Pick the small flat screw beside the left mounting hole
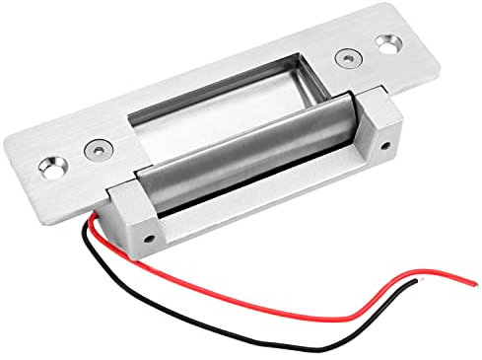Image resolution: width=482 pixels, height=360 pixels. [x=95, y=149]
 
